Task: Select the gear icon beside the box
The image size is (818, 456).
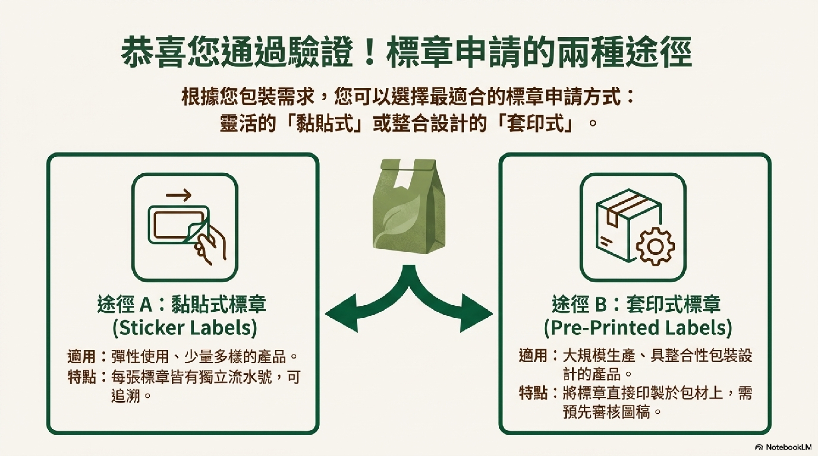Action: tap(655, 246)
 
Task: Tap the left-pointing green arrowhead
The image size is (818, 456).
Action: tap(341, 313)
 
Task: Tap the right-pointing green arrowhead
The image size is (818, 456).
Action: tap(476, 313)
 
